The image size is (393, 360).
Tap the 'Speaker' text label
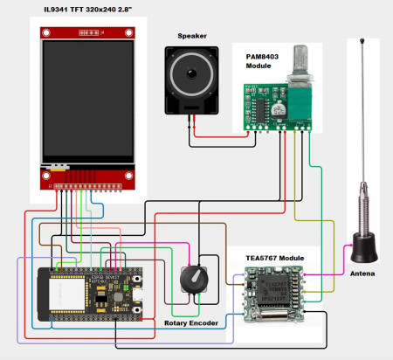click(192, 36)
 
